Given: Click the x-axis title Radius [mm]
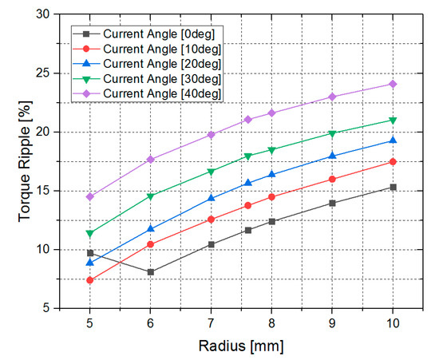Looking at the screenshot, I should (241, 346).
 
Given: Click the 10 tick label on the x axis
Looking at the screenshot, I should (393, 323).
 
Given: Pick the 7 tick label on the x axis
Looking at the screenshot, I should (211, 323).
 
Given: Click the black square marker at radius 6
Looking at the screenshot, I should (151, 272).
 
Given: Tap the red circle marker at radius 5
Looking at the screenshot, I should (90, 280).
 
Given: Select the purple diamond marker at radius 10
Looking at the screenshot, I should (393, 84).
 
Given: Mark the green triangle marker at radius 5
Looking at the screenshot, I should (90, 234).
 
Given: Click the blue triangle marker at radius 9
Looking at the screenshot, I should (332, 156).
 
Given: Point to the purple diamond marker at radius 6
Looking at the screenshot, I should (151, 159).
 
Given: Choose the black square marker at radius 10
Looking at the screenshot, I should (393, 188).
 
